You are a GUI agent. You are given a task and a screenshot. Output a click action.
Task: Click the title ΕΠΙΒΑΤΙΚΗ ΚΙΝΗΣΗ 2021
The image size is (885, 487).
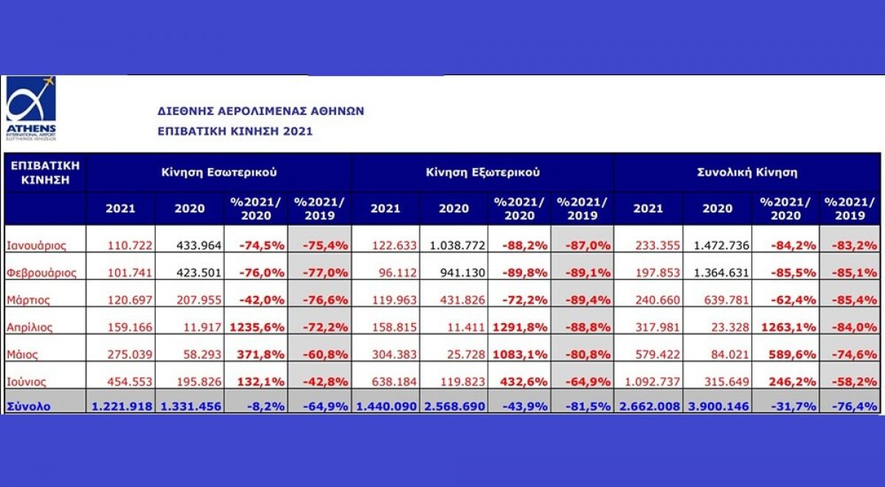pyautogui.click(x=235, y=131)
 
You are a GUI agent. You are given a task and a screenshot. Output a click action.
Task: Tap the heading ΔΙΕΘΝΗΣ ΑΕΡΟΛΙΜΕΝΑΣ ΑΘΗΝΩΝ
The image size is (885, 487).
pyautogui.click(x=261, y=111)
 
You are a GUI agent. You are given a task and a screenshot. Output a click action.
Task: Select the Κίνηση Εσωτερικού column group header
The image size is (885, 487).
pyautogui.click(x=219, y=172)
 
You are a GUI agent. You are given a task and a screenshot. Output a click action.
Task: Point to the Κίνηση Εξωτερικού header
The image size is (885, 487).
pyautogui.click(x=482, y=172)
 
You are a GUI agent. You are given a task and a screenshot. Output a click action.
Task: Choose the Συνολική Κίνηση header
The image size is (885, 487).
pyautogui.click(x=747, y=172)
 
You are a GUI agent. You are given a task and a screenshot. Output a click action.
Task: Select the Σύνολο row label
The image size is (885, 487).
pyautogui.click(x=29, y=406)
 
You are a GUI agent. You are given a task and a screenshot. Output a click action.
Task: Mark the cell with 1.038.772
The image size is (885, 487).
pyautogui.click(x=454, y=245)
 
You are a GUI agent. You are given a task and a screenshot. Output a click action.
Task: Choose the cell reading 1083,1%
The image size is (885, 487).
pyautogui.click(x=519, y=354)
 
